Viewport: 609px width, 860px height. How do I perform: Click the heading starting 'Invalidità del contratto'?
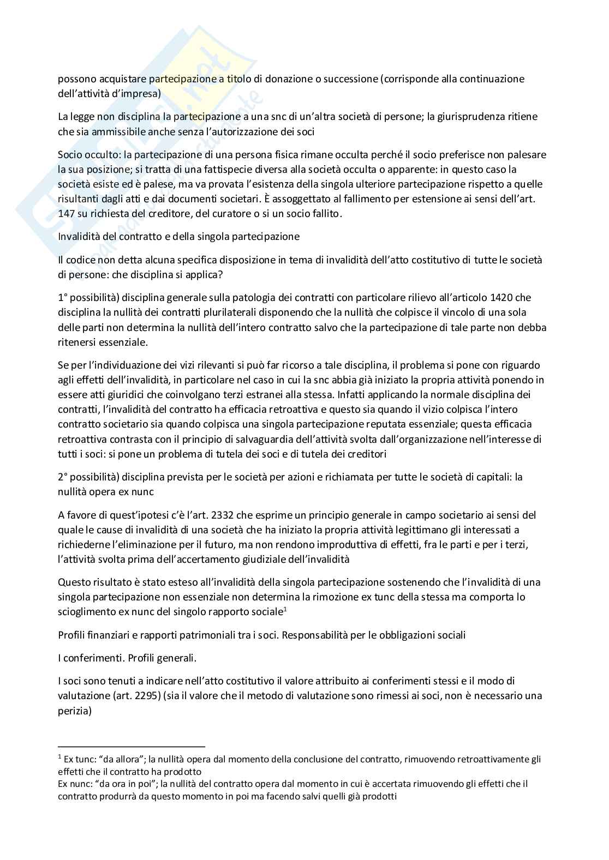(x=179, y=237)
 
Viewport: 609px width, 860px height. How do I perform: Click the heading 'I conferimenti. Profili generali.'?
(x=127, y=658)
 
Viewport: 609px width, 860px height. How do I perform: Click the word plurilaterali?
(x=237, y=312)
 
